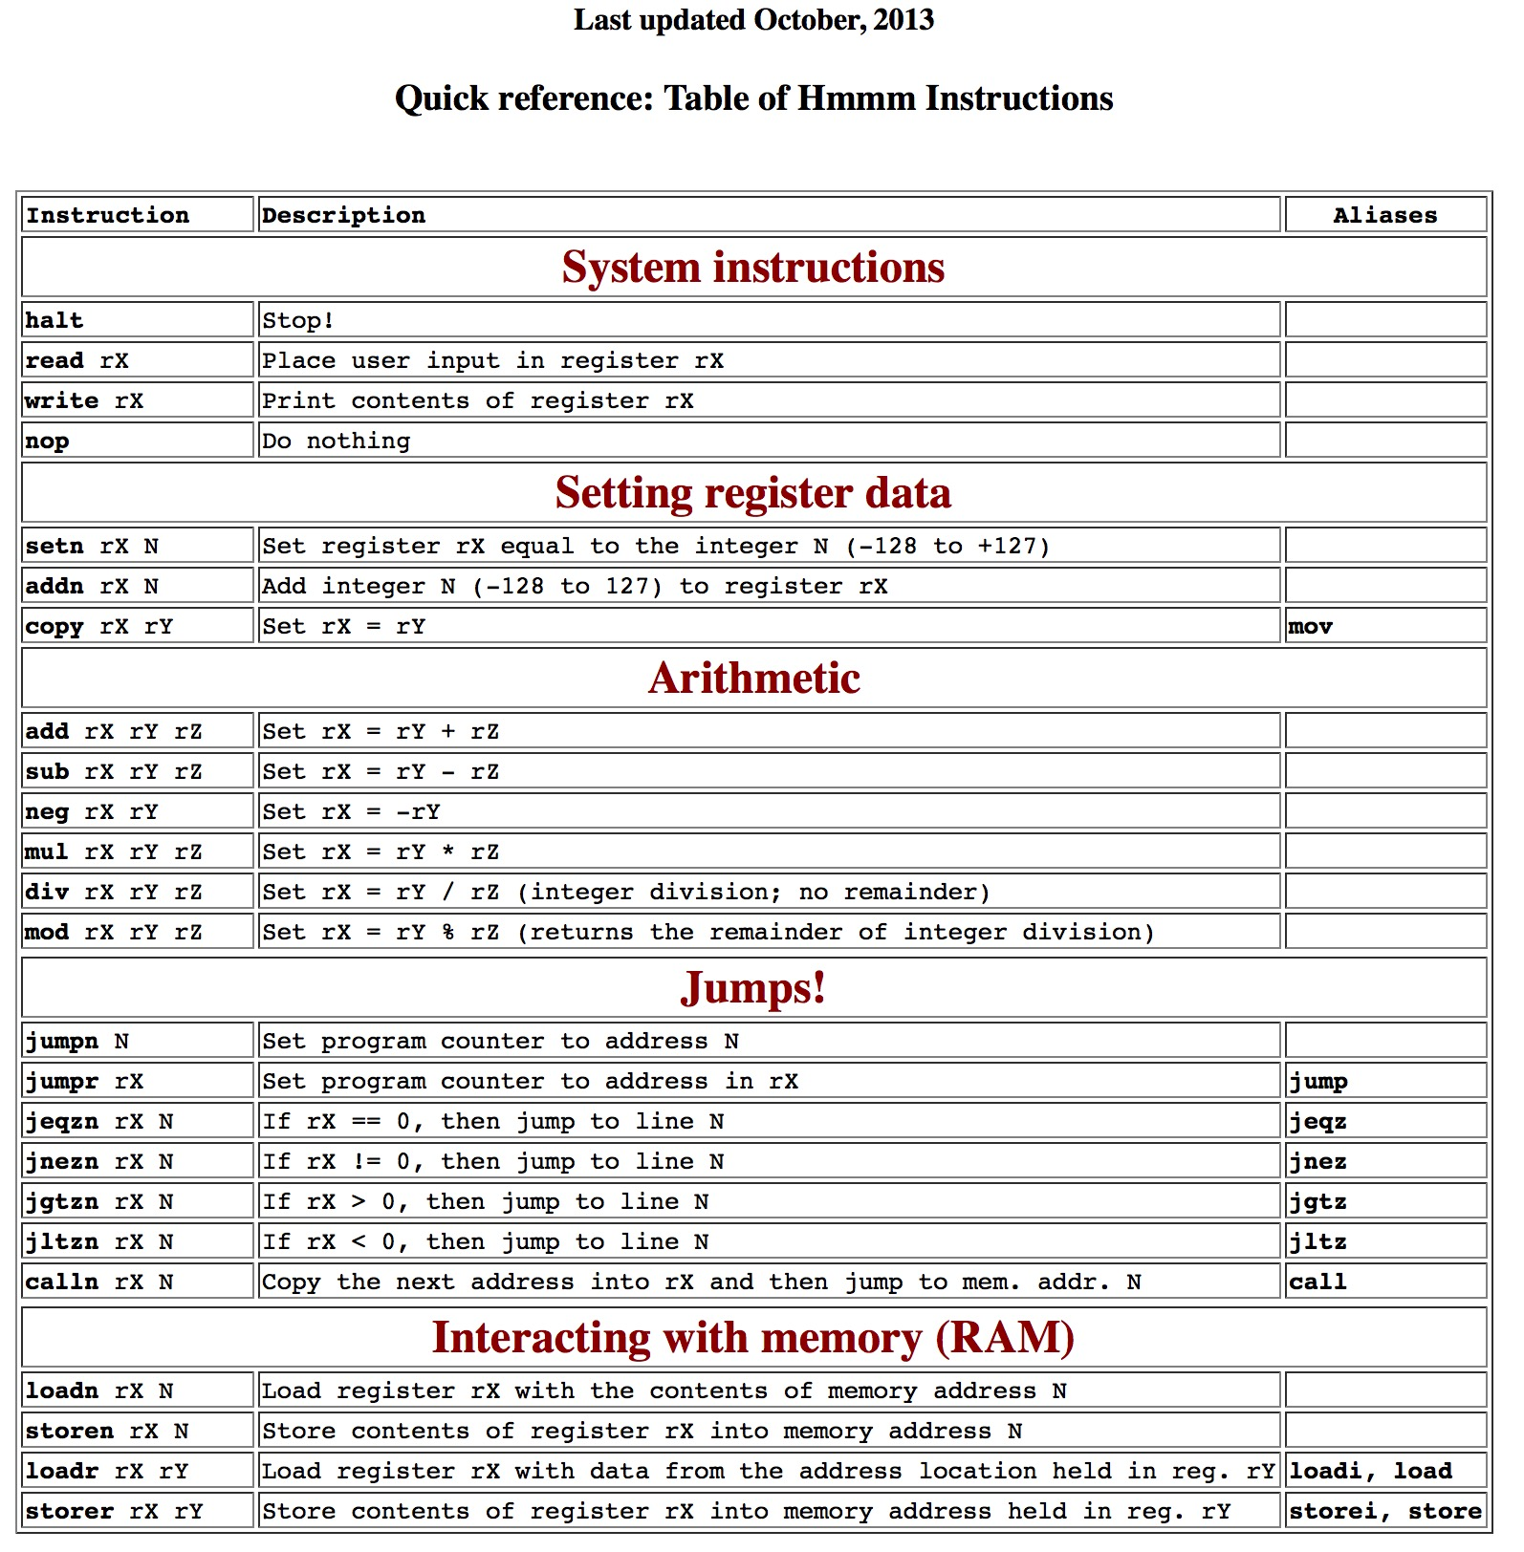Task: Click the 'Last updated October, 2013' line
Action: click(x=753, y=20)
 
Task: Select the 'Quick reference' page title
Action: click(x=753, y=98)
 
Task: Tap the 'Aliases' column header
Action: click(x=1384, y=215)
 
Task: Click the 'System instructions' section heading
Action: click(x=753, y=267)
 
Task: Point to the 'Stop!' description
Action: click(x=298, y=320)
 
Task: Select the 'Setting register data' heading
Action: click(x=753, y=493)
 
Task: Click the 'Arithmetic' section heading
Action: click(x=753, y=678)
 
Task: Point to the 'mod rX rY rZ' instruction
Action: click(x=114, y=932)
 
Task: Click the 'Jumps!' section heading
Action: click(x=753, y=988)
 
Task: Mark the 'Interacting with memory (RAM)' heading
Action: click(x=753, y=1337)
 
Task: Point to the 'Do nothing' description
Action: click(x=336, y=441)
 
